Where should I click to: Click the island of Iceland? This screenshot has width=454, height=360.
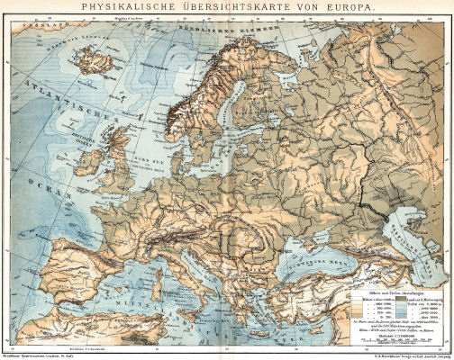(x=86, y=67)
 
